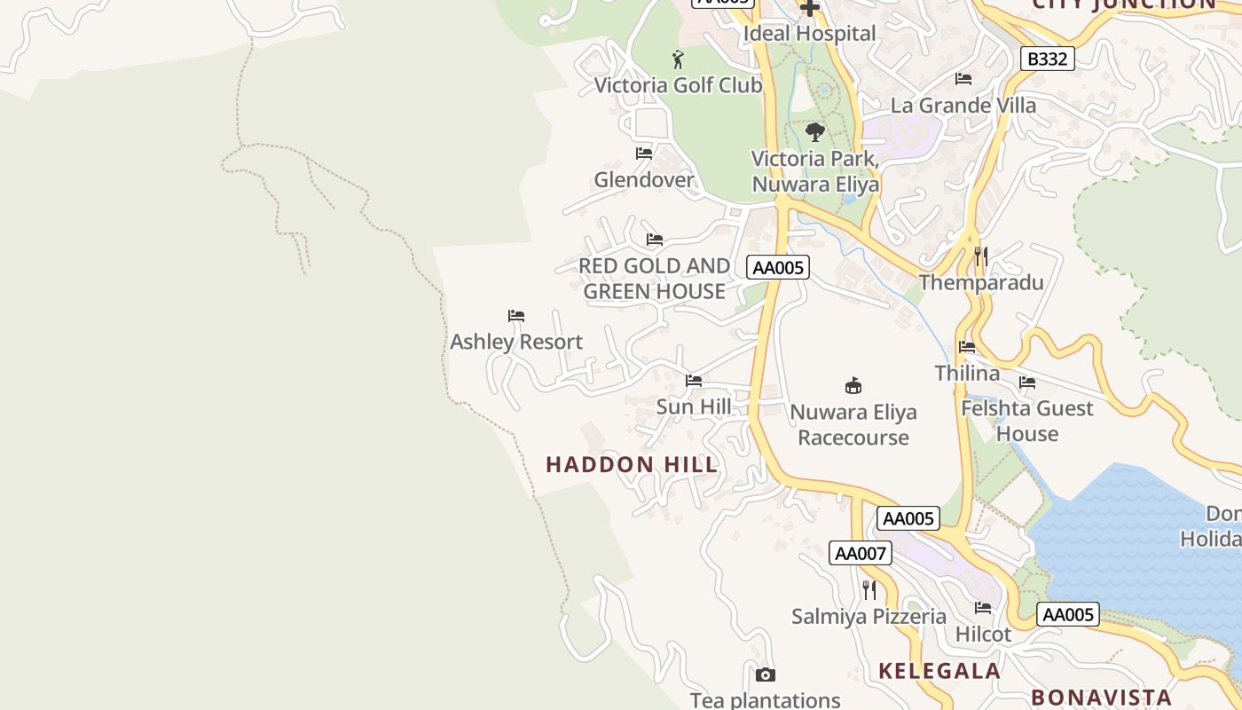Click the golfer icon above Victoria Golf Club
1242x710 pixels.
pos(679,59)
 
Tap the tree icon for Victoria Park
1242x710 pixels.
pos(814,133)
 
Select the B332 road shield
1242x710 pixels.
pos(1047,59)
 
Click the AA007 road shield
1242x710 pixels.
pos(861,553)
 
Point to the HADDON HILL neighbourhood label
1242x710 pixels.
pos(632,464)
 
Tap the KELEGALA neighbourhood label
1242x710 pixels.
pos(939,671)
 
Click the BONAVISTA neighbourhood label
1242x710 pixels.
pos(1101,697)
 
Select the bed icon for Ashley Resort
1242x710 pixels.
pos(516,316)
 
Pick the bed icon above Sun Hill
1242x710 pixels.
pos(694,381)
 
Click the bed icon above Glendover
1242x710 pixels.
pos(644,154)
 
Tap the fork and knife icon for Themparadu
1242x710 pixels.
pos(980,256)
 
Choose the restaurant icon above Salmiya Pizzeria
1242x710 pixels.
pos(869,590)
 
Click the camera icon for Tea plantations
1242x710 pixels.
pos(766,675)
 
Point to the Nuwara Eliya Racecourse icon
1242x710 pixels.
pos(853,385)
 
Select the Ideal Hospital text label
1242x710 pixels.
pos(809,34)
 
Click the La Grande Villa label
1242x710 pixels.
pos(963,106)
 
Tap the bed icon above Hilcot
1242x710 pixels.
pos(983,608)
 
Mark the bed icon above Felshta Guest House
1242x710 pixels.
pos(1027,383)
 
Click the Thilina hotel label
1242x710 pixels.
pos(967,373)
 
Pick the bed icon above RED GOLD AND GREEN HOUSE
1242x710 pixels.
pos(655,240)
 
